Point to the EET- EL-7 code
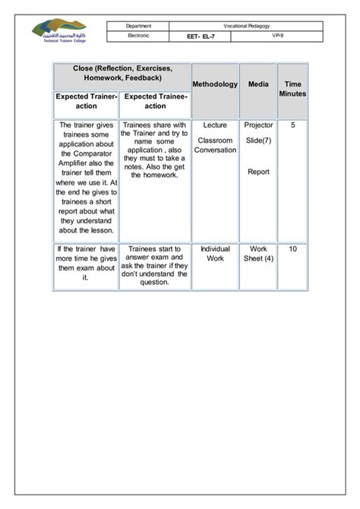(x=204, y=36)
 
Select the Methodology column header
(x=215, y=84)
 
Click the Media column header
(x=258, y=84)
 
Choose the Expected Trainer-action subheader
(x=86, y=101)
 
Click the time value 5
(x=292, y=125)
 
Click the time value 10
(x=292, y=248)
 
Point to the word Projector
(x=258, y=125)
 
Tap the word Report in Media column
(x=258, y=172)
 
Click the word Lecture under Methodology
(x=215, y=125)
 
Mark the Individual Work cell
(x=215, y=253)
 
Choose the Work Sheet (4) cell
(x=258, y=253)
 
